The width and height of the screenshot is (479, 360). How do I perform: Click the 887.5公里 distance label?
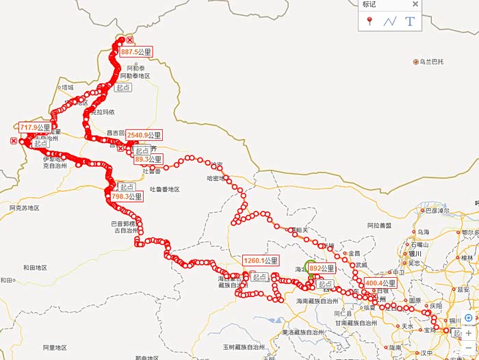135,51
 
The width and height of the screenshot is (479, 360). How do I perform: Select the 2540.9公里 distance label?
144,135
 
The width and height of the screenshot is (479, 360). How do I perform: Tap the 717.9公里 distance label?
36,127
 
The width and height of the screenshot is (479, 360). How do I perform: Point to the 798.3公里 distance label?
126,196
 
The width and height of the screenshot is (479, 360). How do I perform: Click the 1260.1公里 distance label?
261,261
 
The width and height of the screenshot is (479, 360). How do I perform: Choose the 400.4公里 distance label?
380,283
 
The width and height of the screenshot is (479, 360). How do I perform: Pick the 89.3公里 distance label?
148,159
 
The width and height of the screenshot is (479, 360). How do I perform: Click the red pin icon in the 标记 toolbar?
370,21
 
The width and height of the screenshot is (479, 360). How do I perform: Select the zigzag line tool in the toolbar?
390,21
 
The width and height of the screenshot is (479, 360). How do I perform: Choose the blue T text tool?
410,21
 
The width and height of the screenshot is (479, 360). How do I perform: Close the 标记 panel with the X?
415,4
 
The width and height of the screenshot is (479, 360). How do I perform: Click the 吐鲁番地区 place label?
164,189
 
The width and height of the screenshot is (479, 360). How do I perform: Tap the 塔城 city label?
67,88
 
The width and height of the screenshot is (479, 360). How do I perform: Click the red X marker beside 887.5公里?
130,41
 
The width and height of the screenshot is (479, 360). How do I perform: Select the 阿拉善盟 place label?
379,225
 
